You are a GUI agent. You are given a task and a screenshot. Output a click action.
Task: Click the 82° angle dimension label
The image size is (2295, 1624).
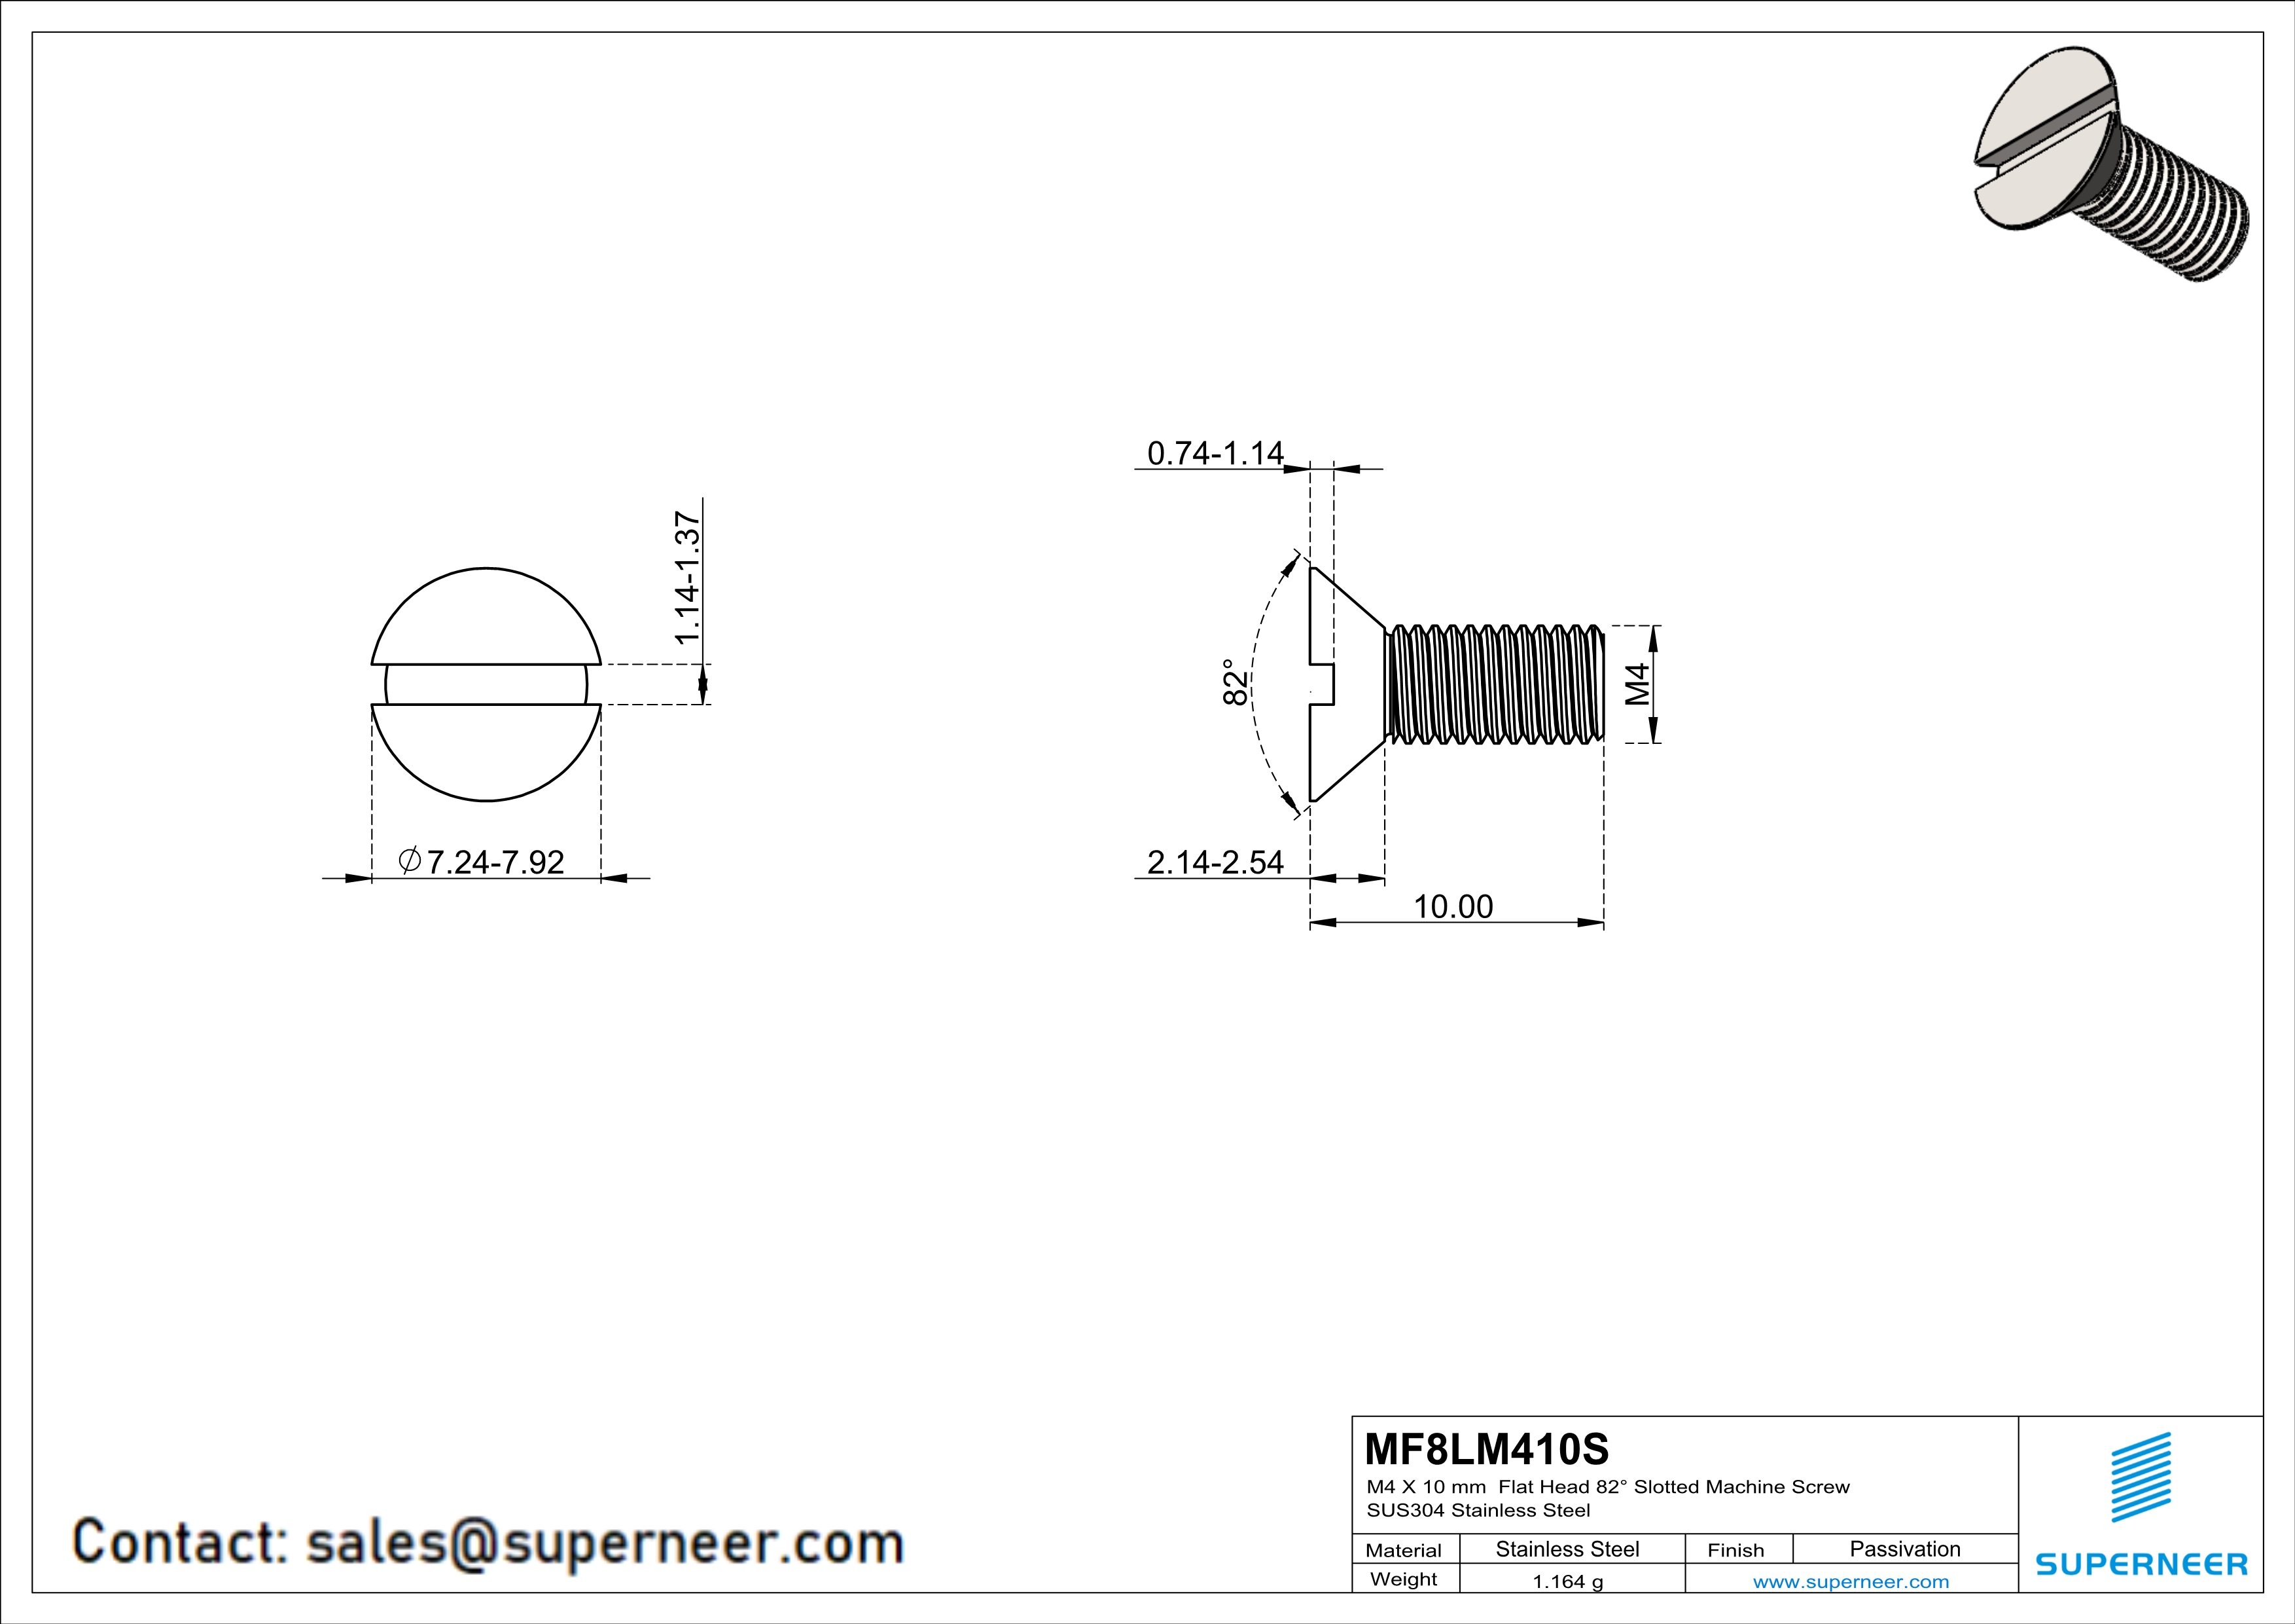(1236, 682)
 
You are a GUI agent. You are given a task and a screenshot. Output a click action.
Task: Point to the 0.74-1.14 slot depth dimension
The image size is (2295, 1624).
(1215, 453)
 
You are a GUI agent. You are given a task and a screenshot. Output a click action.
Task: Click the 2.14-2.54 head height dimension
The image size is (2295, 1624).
(1215, 862)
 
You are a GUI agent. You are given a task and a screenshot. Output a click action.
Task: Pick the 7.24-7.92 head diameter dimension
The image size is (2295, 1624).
(496, 862)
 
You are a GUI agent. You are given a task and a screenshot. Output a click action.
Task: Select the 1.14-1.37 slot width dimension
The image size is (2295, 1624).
(688, 578)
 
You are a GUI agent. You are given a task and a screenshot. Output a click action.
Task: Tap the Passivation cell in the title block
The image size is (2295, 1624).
(1904, 1549)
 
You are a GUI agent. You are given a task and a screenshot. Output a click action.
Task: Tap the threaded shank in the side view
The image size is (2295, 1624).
(1495, 685)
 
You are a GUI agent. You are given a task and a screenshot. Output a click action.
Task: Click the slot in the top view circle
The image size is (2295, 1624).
(486, 685)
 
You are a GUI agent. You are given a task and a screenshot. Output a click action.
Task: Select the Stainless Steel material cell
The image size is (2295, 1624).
(1567, 1549)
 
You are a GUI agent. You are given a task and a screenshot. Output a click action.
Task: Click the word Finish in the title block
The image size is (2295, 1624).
(1735, 1550)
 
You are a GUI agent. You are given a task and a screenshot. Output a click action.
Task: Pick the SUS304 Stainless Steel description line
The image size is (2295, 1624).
(1478, 1511)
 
